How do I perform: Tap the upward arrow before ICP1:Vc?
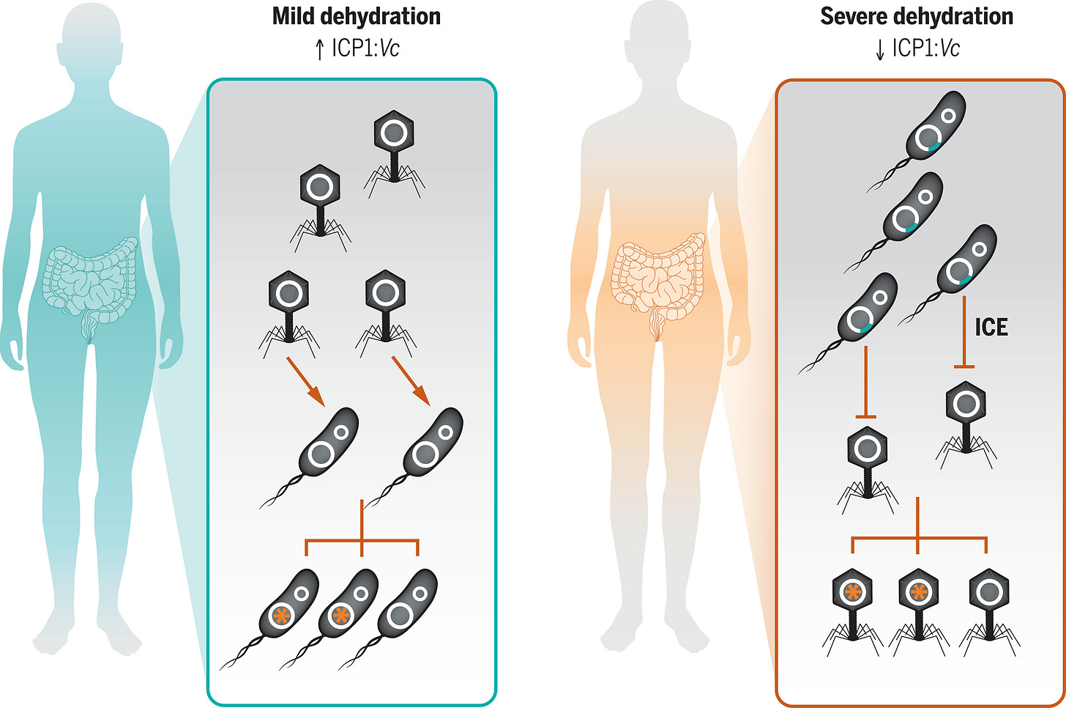tap(319, 49)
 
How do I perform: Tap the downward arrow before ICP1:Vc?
tap(880, 49)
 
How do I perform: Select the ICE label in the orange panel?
tap(991, 327)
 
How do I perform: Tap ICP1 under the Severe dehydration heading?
tap(914, 49)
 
